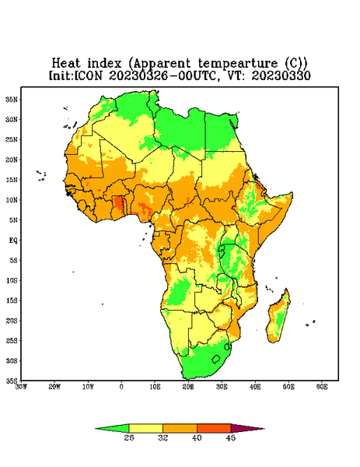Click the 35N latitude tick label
pyautogui.click(x=12, y=99)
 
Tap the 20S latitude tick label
pyautogui.click(x=12, y=321)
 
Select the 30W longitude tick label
pyautogui.click(x=22, y=387)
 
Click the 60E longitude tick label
pyautogui.click(x=322, y=387)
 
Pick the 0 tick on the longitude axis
pyautogui.click(x=121, y=387)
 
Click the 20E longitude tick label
pyautogui.click(x=188, y=387)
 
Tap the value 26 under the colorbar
pyautogui.click(x=129, y=437)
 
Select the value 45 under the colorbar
pyautogui.click(x=231, y=437)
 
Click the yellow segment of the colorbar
pyautogui.click(x=145, y=428)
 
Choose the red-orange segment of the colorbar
pyautogui.click(x=214, y=428)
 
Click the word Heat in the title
pyautogui.click(x=66, y=64)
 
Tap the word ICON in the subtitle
pyautogui.click(x=89, y=75)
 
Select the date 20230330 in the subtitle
pyautogui.click(x=281, y=75)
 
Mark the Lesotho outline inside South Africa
pyautogui.click(x=216, y=359)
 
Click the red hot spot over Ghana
pyautogui.click(x=119, y=203)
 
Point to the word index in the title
pyautogui.click(x=104, y=64)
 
